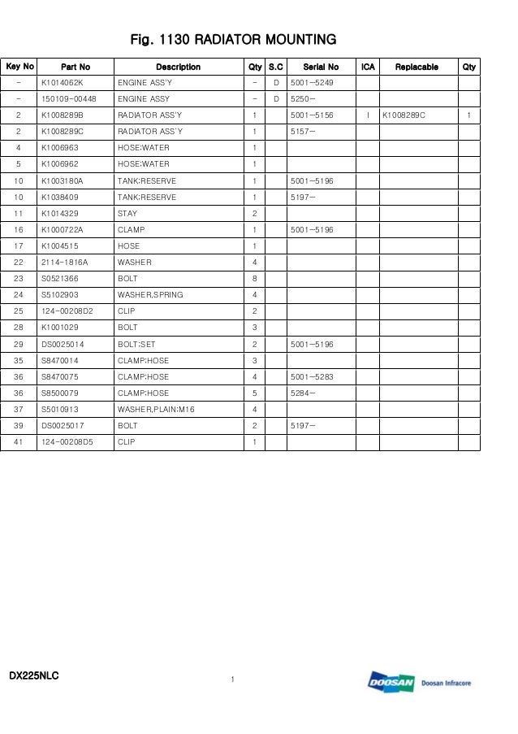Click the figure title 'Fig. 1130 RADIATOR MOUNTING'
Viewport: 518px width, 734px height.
234,39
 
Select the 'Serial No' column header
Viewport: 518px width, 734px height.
321,67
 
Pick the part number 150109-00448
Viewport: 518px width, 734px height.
69,99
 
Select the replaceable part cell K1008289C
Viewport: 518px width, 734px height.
404,115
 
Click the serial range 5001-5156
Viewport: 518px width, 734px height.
312,115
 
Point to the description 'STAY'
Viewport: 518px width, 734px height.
127,213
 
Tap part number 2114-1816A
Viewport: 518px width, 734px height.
64,263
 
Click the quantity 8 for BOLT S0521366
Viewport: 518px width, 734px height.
255,279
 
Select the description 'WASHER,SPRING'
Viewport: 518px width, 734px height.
150,295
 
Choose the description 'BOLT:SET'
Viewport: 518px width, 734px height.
136,344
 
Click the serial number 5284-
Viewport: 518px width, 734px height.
303,393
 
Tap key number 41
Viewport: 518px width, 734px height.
19,442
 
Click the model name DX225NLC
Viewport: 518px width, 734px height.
34,675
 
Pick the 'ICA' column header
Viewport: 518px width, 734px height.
367,67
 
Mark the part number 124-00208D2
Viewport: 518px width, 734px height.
67,311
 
